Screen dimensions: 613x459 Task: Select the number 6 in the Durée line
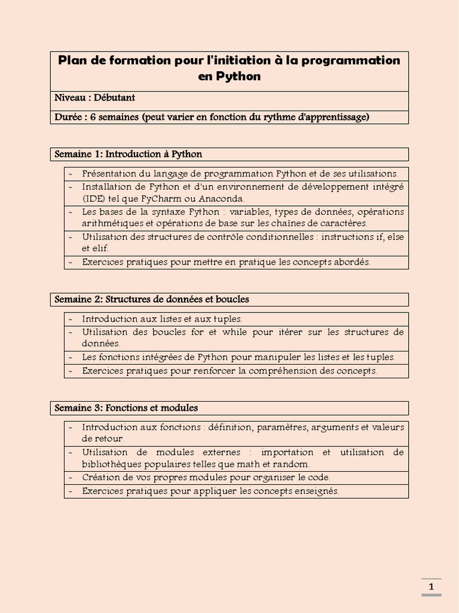pyautogui.click(x=93, y=117)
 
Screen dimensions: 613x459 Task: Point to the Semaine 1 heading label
pyautogui.click(x=79, y=154)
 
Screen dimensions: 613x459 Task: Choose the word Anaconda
pyautogui.click(x=222, y=199)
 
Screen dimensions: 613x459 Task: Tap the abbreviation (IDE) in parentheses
pyautogui.click(x=93, y=199)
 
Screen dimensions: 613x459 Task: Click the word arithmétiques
pyautogui.click(x=110, y=223)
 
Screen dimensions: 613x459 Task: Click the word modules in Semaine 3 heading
pyautogui.click(x=179, y=408)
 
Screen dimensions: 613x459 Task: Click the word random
pyautogui.click(x=292, y=465)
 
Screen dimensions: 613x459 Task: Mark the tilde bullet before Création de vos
pyautogui.click(x=71, y=478)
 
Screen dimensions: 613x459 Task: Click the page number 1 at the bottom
pyautogui.click(x=431, y=587)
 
